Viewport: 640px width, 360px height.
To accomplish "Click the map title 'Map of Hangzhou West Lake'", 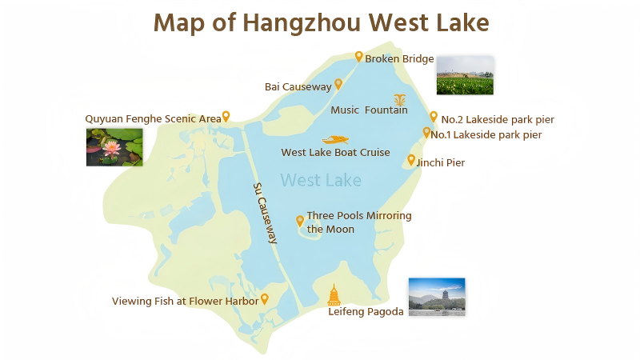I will (x=321, y=22).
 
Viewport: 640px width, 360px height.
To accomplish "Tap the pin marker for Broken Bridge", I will (x=359, y=56).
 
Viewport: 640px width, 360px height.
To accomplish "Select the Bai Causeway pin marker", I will (x=338, y=83).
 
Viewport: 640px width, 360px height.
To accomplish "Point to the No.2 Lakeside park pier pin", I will (x=434, y=117).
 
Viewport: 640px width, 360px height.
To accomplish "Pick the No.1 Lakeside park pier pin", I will (x=427, y=132).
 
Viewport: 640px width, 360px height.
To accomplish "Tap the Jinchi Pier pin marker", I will (x=411, y=160).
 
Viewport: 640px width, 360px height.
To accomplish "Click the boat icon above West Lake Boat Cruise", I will (x=335, y=139).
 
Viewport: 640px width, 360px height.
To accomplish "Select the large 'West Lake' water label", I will (x=321, y=180).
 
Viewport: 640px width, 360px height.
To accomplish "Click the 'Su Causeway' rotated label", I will (x=265, y=213).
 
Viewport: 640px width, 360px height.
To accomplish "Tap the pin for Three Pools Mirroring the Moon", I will (x=300, y=220).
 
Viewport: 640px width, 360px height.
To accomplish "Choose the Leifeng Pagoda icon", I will (x=334, y=294).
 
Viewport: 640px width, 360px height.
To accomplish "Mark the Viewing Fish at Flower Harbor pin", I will (x=265, y=299).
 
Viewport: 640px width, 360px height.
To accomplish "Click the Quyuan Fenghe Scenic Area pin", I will (x=226, y=116).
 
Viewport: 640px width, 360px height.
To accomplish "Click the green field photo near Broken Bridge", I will (x=464, y=76).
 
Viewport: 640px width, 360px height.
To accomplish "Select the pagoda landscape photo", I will (x=436, y=297).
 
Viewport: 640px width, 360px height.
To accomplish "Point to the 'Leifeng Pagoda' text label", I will (x=366, y=312).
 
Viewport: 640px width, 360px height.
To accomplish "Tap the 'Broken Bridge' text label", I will (x=399, y=59).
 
